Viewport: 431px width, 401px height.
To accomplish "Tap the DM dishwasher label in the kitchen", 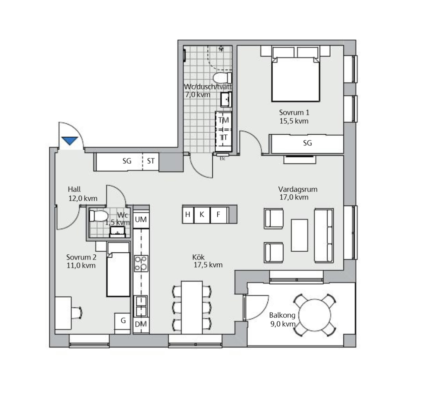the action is (141, 324).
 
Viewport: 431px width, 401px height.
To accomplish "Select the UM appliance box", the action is (141, 220).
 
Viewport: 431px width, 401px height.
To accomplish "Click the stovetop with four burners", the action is (141, 263).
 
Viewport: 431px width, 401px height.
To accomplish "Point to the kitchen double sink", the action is (141, 306).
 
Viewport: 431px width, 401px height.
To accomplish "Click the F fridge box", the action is (219, 215).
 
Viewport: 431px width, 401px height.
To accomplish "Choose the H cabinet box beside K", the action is (188, 215).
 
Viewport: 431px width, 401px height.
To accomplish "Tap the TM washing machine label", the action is (224, 120).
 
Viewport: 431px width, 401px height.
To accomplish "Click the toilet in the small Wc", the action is (98, 216).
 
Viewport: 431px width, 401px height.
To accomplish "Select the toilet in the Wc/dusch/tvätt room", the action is (222, 78).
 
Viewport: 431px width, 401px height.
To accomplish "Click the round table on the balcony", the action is (315, 315).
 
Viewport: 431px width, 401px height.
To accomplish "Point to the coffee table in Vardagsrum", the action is (299, 235).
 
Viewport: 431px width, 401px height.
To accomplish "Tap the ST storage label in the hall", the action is (151, 161).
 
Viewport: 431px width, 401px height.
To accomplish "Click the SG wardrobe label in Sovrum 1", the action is (307, 143).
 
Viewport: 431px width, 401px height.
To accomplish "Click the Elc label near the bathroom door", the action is (222, 159).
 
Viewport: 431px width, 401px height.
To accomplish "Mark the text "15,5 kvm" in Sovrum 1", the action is (294, 121).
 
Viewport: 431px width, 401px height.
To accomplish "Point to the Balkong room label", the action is (282, 315).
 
